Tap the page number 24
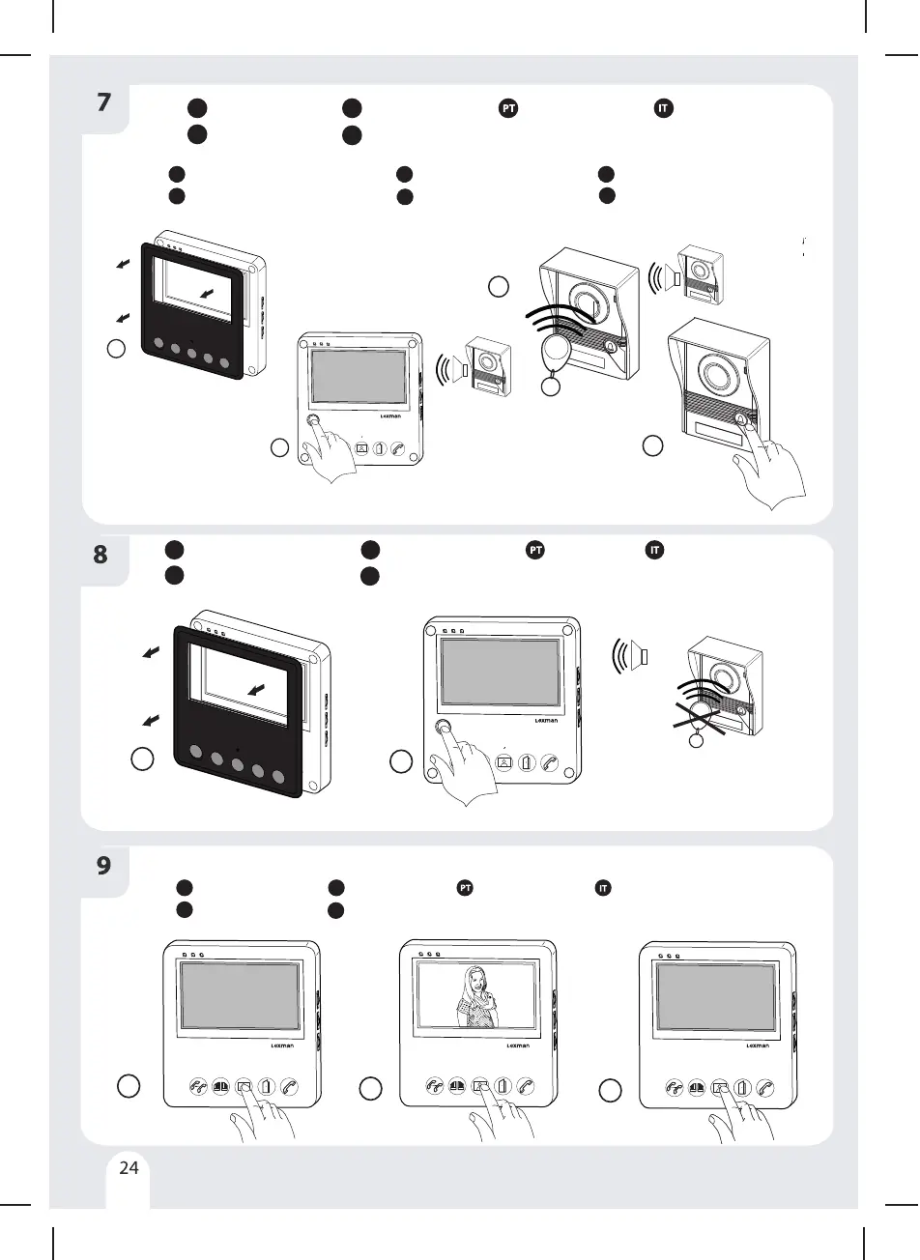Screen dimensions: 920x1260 (x=129, y=1167)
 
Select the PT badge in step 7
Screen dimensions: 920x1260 (x=508, y=108)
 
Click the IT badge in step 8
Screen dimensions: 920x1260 (x=654, y=551)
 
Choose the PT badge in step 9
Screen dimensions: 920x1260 (x=465, y=888)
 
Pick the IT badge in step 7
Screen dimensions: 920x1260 (x=662, y=108)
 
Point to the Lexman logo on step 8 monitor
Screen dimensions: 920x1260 (x=547, y=720)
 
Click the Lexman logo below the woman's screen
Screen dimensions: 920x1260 (x=518, y=1045)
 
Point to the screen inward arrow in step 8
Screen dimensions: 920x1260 (x=256, y=688)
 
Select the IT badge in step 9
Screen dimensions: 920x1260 (x=601, y=888)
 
